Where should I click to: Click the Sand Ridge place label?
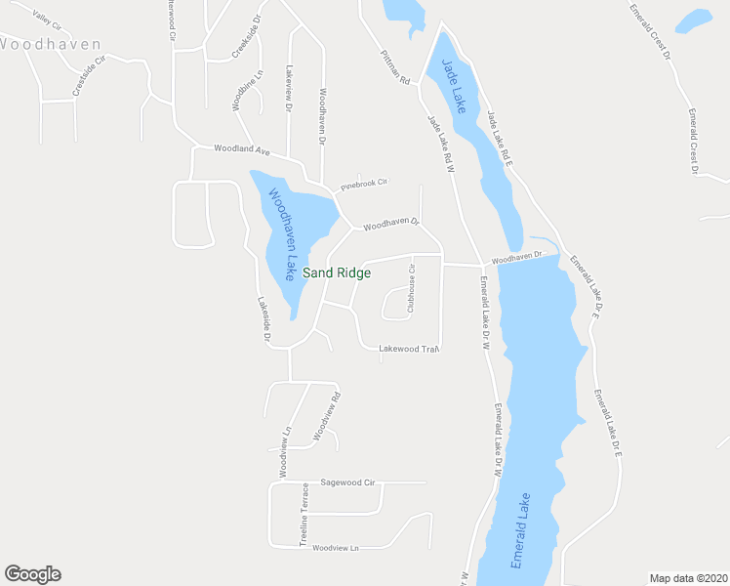pos(337,273)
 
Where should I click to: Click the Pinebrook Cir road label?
pos(364,184)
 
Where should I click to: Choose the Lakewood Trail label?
pos(409,349)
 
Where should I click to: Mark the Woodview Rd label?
pos(326,415)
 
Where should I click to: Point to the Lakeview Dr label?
pos(288,89)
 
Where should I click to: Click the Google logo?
pos(32,574)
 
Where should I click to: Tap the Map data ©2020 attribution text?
pos(689,578)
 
